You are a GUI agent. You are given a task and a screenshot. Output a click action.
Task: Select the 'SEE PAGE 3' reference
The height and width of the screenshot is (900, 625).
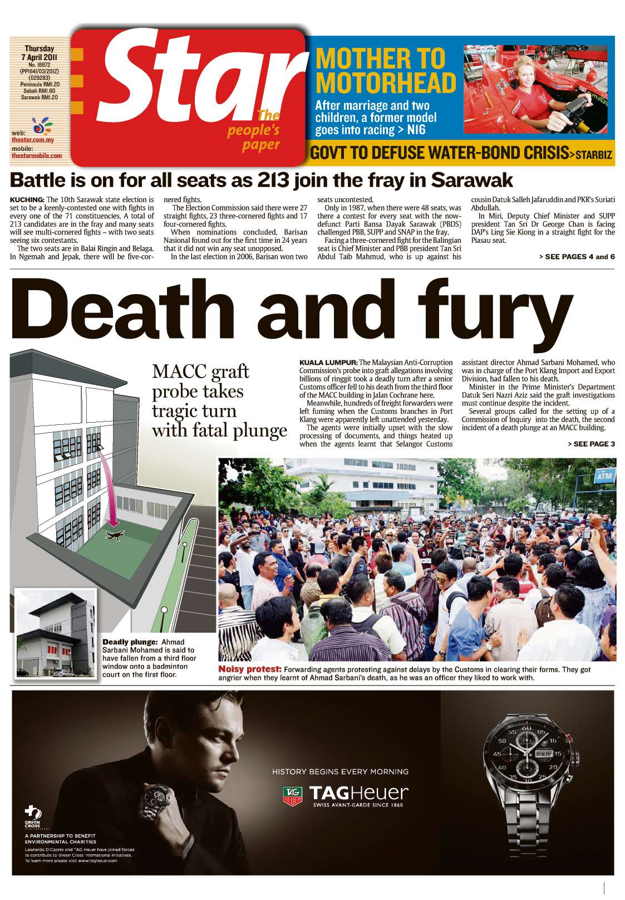click(x=591, y=444)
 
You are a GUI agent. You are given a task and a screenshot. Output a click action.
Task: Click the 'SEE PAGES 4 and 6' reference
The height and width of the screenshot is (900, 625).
click(x=577, y=257)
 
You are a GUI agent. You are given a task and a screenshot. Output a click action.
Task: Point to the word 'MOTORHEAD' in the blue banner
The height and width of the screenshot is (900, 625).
click(x=386, y=83)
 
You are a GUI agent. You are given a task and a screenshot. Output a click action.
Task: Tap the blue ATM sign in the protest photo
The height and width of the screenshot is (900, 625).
click(x=604, y=477)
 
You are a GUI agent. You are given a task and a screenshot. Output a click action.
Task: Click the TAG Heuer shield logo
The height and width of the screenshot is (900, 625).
click(x=292, y=796)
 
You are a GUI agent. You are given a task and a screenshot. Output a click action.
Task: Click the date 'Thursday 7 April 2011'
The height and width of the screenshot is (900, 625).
click(x=39, y=53)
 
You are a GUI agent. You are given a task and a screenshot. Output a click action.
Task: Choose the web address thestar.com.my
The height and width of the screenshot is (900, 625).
click(x=32, y=140)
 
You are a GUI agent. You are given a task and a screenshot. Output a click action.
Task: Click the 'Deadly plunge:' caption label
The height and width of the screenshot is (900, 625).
click(x=130, y=642)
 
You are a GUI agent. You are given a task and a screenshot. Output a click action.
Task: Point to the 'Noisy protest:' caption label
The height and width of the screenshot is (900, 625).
click(x=249, y=669)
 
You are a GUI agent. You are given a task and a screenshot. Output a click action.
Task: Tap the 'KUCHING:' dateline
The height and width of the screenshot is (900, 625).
click(x=27, y=199)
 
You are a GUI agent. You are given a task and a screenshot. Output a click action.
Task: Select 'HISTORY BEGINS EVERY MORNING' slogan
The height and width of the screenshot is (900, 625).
click(x=340, y=772)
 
